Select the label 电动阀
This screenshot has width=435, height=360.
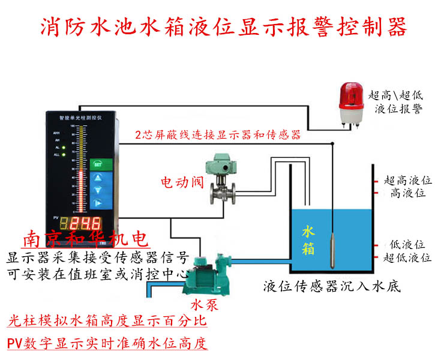coord(183,182)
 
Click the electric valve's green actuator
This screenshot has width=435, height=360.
coord(218,166)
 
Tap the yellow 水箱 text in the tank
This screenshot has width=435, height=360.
coord(308,241)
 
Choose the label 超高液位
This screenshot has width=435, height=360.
coord(408,180)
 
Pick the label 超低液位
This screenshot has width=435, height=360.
coord(408,257)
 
